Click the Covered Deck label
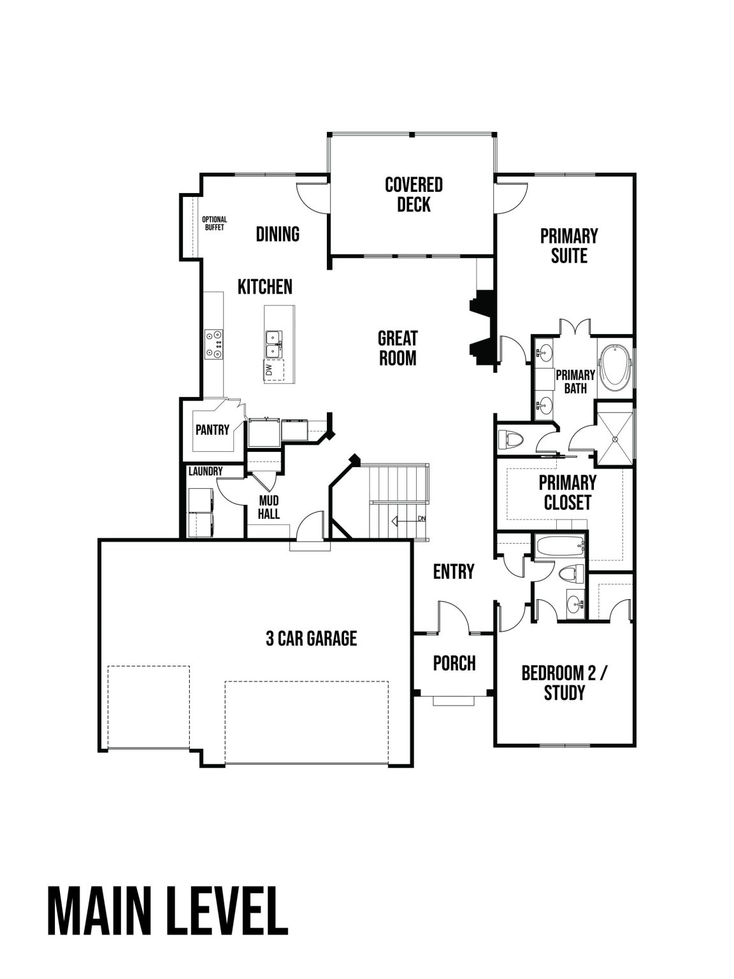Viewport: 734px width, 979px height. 414,194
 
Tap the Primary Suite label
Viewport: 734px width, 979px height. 569,245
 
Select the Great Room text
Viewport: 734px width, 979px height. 398,347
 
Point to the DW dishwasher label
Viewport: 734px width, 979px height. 270,369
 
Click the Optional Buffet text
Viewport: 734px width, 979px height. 215,223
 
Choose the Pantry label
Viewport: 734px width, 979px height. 212,430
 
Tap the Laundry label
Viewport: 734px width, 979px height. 205,471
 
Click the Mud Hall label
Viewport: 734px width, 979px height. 269,507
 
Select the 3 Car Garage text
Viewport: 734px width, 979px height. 311,638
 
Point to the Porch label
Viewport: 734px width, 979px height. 454,663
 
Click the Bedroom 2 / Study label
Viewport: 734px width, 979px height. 565,683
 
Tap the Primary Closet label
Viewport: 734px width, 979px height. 567,492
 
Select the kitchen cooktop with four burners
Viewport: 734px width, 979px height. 213,344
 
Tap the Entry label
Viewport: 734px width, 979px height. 454,571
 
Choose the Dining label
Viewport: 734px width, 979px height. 278,234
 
